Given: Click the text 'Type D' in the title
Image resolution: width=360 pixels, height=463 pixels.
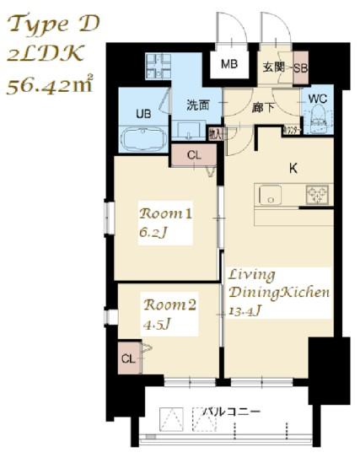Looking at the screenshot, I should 52,24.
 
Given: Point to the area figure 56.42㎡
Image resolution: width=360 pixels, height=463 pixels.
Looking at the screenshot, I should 50,84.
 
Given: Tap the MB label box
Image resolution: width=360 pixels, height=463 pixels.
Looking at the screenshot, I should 228,65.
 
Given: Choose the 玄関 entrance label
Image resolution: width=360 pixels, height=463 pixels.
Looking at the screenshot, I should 274,67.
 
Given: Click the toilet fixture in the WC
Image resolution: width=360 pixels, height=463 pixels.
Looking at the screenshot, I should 319,123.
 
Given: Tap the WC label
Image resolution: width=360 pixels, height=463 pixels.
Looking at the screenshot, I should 319,99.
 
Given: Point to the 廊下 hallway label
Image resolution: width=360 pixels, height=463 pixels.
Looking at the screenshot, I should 261,106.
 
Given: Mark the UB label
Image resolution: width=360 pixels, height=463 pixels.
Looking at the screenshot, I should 143,113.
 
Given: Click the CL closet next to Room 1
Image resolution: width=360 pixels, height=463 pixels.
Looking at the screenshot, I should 193,154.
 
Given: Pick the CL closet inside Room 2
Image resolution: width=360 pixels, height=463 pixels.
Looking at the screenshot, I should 127,358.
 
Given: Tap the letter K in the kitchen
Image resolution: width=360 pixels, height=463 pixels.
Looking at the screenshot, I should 293,168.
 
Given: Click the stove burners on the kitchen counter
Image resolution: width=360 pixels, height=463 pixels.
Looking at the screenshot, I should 318,194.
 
